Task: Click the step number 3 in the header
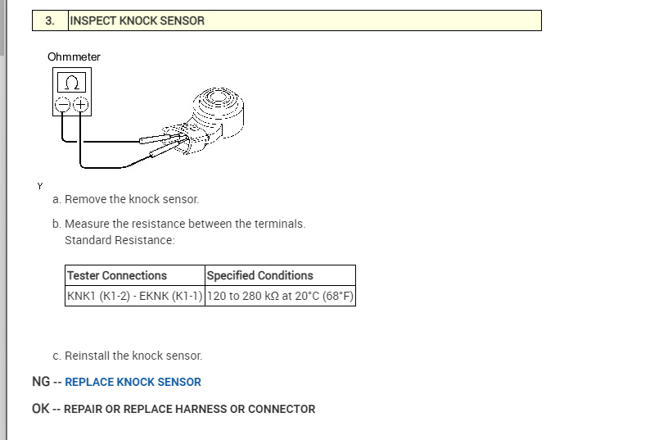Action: (x=50, y=20)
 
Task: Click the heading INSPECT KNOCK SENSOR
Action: (x=138, y=20)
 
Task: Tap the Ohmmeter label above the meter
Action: (x=74, y=57)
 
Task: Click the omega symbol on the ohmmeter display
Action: (x=71, y=83)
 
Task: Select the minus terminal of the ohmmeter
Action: (x=62, y=105)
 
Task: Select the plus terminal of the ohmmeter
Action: (x=80, y=105)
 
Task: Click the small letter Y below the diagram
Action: (x=39, y=186)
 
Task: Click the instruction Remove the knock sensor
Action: (x=132, y=199)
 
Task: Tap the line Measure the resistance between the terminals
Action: (x=185, y=224)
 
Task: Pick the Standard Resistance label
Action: (x=120, y=240)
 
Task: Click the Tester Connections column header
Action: (x=117, y=275)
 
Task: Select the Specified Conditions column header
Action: (x=260, y=275)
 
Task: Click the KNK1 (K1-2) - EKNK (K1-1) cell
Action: (x=134, y=296)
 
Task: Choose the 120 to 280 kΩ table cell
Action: (x=280, y=296)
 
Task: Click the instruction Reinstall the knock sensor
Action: (x=133, y=356)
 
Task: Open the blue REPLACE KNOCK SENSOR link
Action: (x=133, y=382)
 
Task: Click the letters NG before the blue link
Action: (x=41, y=382)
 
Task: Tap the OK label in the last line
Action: (x=41, y=409)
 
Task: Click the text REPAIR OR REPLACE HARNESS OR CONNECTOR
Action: (x=189, y=409)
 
